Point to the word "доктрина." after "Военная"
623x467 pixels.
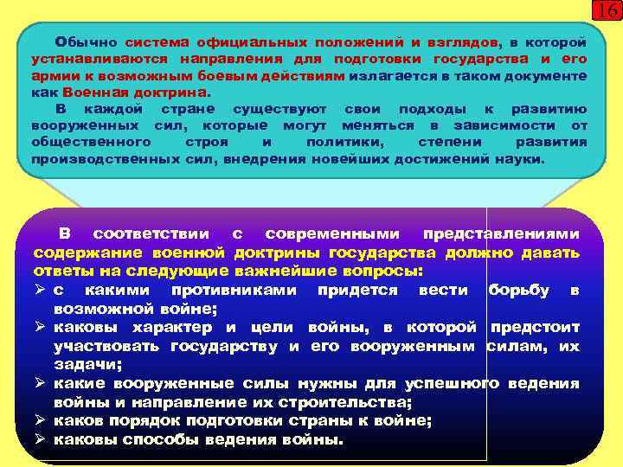[x=182, y=92]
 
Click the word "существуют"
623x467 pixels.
[x=280, y=110]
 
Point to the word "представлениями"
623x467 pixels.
[x=502, y=235]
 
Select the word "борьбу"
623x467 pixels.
[x=518, y=290]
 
